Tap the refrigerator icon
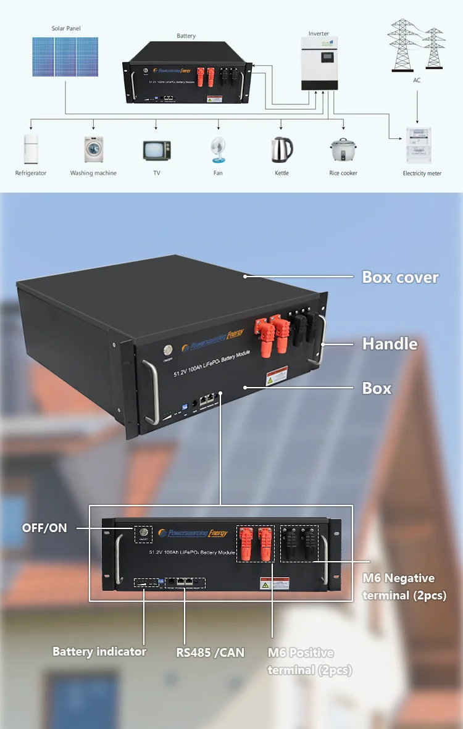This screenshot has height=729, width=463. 30,149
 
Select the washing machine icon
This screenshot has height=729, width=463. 93,149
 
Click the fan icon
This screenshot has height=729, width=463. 218,149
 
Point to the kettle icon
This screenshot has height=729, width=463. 282,149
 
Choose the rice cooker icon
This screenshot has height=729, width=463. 343,150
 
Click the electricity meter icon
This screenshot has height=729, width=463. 422,144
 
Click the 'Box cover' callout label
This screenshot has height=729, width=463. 400,277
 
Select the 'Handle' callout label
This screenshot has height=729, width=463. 390,343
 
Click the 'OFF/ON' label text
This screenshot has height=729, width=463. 44,528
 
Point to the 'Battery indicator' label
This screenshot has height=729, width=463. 99,651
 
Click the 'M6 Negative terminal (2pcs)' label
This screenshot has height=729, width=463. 404,586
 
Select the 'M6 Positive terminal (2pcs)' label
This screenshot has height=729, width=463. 309,661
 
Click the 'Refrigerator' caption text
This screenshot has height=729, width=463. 31,173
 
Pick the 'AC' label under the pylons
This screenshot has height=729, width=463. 417,80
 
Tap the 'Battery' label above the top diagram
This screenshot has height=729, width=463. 186,36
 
